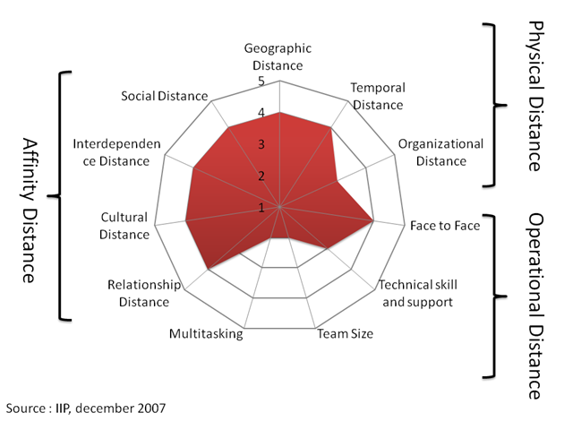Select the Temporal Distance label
(x=378, y=96)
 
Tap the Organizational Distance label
(x=440, y=152)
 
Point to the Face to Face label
(x=445, y=225)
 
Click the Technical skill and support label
(x=418, y=293)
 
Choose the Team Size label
(x=346, y=334)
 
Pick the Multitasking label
(x=206, y=334)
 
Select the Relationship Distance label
(x=144, y=293)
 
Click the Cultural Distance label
(x=124, y=226)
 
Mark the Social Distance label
(x=165, y=96)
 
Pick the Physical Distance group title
(x=534, y=96)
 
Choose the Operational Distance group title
(x=534, y=305)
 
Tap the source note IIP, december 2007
(x=86, y=408)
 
